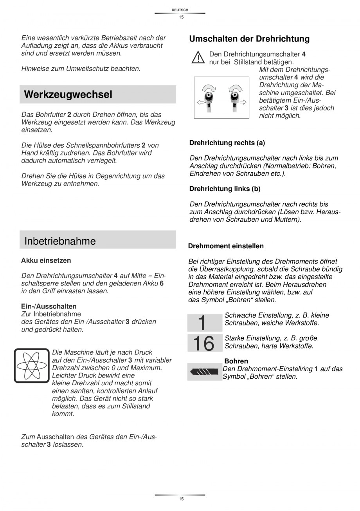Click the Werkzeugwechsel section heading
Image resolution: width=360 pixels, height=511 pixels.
[x=68, y=95]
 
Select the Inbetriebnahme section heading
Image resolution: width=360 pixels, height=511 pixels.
[x=60, y=241]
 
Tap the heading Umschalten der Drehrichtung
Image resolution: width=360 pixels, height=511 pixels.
[x=249, y=39]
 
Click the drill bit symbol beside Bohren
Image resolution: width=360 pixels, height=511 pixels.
[x=203, y=371]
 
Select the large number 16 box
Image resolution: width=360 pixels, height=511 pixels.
[x=203, y=343]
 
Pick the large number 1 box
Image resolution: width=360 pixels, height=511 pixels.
[x=202, y=323]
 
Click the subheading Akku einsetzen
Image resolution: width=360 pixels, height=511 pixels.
[x=46, y=260]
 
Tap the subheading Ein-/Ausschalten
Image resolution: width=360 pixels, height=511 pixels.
[x=49, y=306]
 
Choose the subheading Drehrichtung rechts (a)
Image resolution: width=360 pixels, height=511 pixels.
[x=227, y=143]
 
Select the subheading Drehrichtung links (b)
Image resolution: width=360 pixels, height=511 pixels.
[x=225, y=189]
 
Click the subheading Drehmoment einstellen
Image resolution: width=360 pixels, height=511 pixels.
[x=226, y=246]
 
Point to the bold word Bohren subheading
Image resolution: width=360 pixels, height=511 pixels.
[x=236, y=361]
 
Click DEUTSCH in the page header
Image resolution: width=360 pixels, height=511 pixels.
[x=180, y=10]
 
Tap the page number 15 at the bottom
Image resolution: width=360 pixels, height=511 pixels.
[x=181, y=499]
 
